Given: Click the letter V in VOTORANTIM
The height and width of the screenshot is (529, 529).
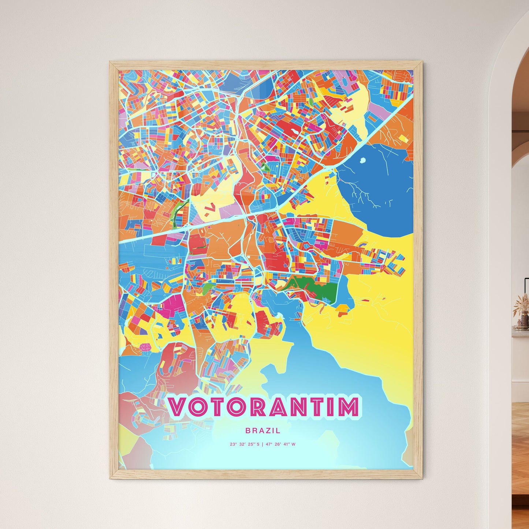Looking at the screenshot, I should pyautogui.click(x=178, y=407).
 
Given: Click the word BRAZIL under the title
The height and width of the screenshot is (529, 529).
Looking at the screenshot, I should pyautogui.click(x=263, y=431).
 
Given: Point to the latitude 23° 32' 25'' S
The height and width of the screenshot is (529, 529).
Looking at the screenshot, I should pyautogui.click(x=245, y=444).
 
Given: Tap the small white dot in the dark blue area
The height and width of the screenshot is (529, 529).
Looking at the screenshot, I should pyautogui.click(x=363, y=160).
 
